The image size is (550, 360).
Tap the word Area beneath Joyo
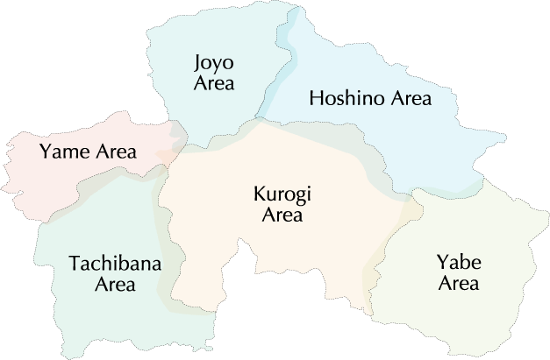(x=214, y=84)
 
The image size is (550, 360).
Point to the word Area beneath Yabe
(x=458, y=283)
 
